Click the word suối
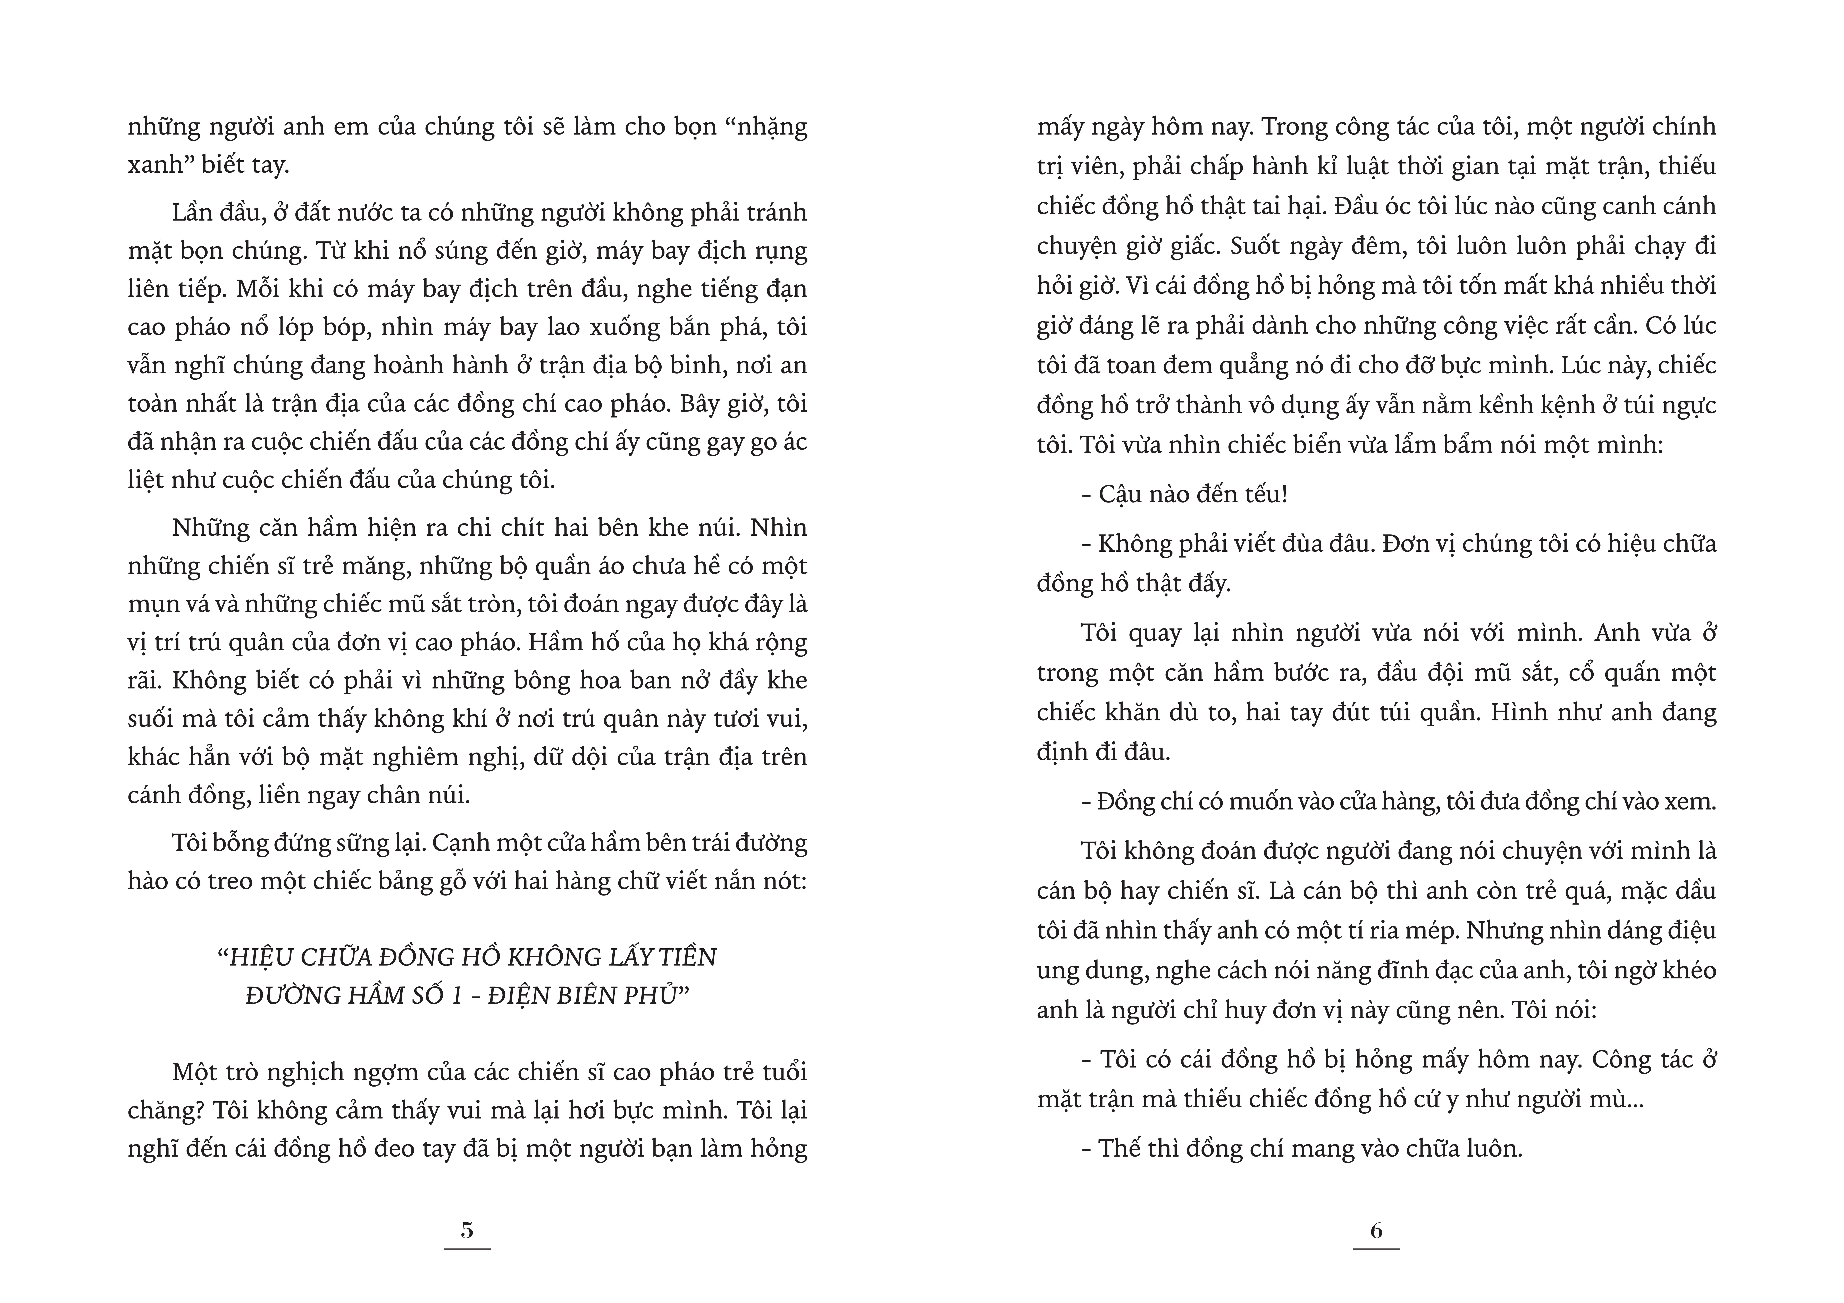150,719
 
